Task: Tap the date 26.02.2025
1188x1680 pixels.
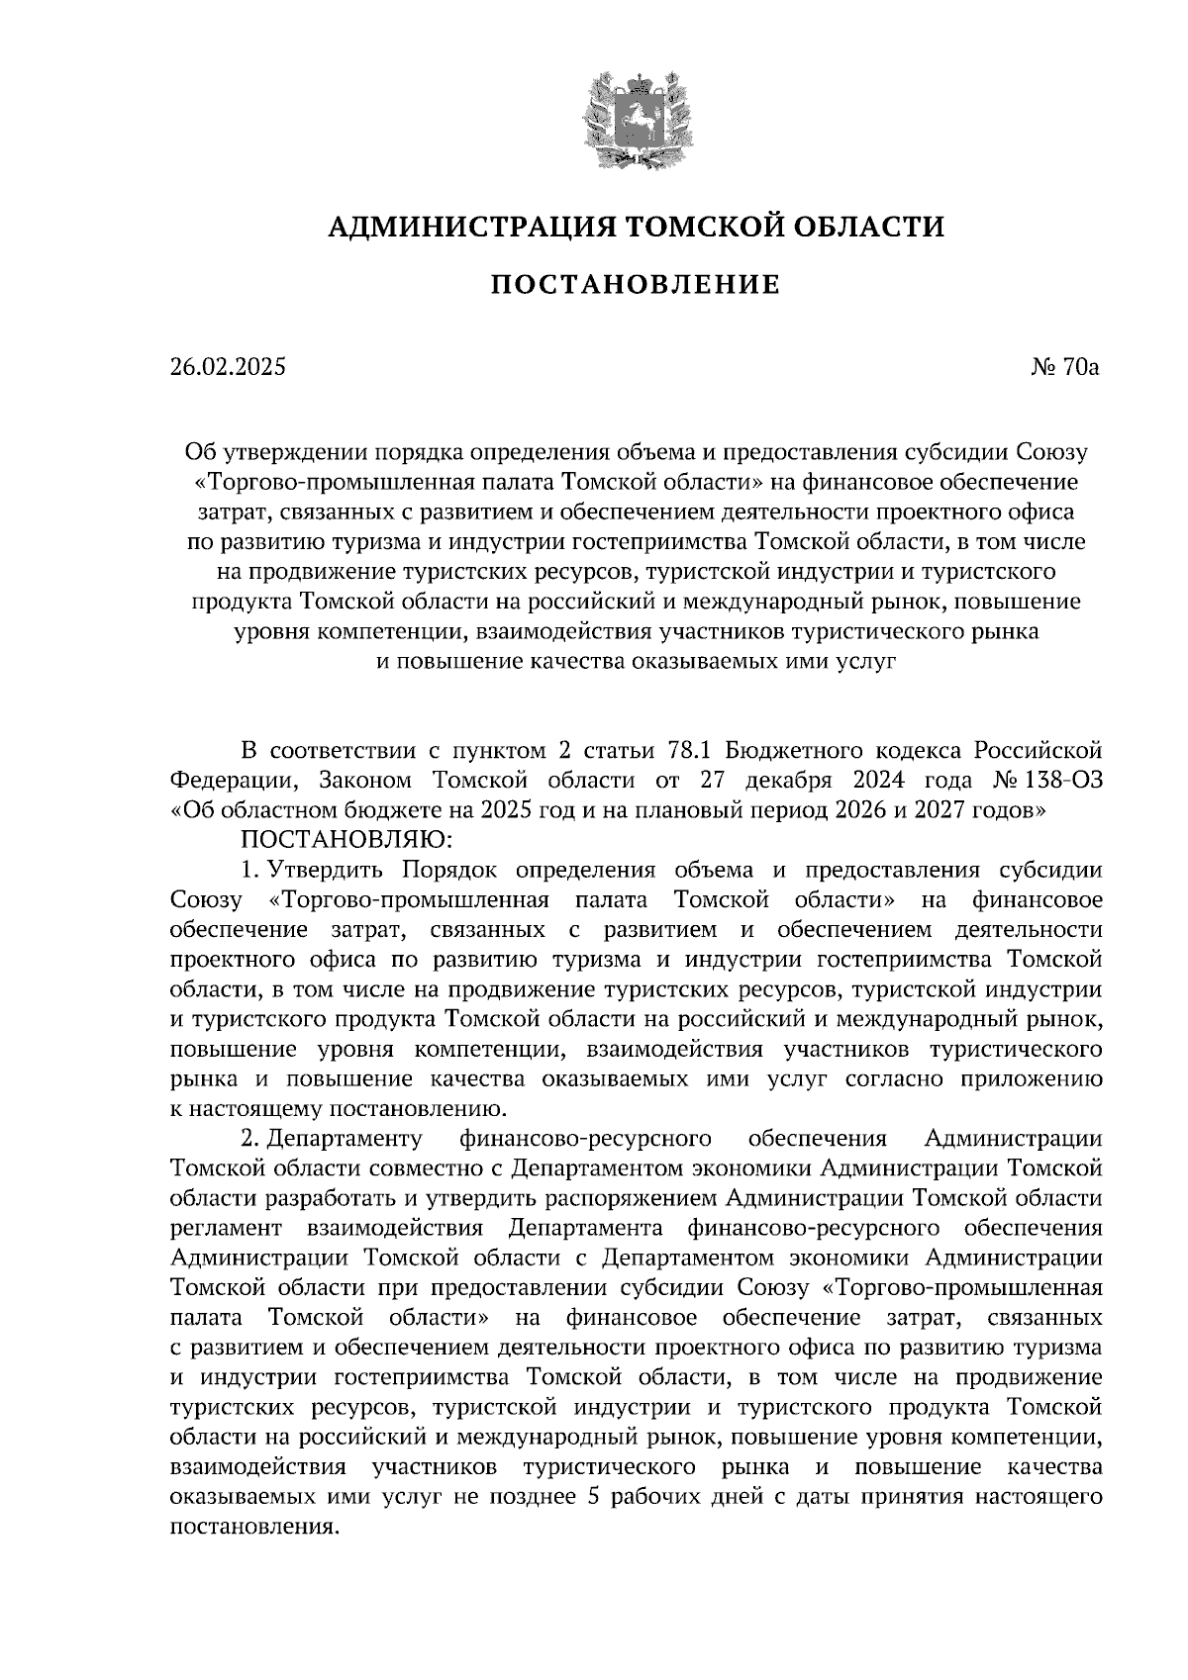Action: [x=227, y=368]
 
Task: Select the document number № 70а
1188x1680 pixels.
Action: [x=1066, y=368]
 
